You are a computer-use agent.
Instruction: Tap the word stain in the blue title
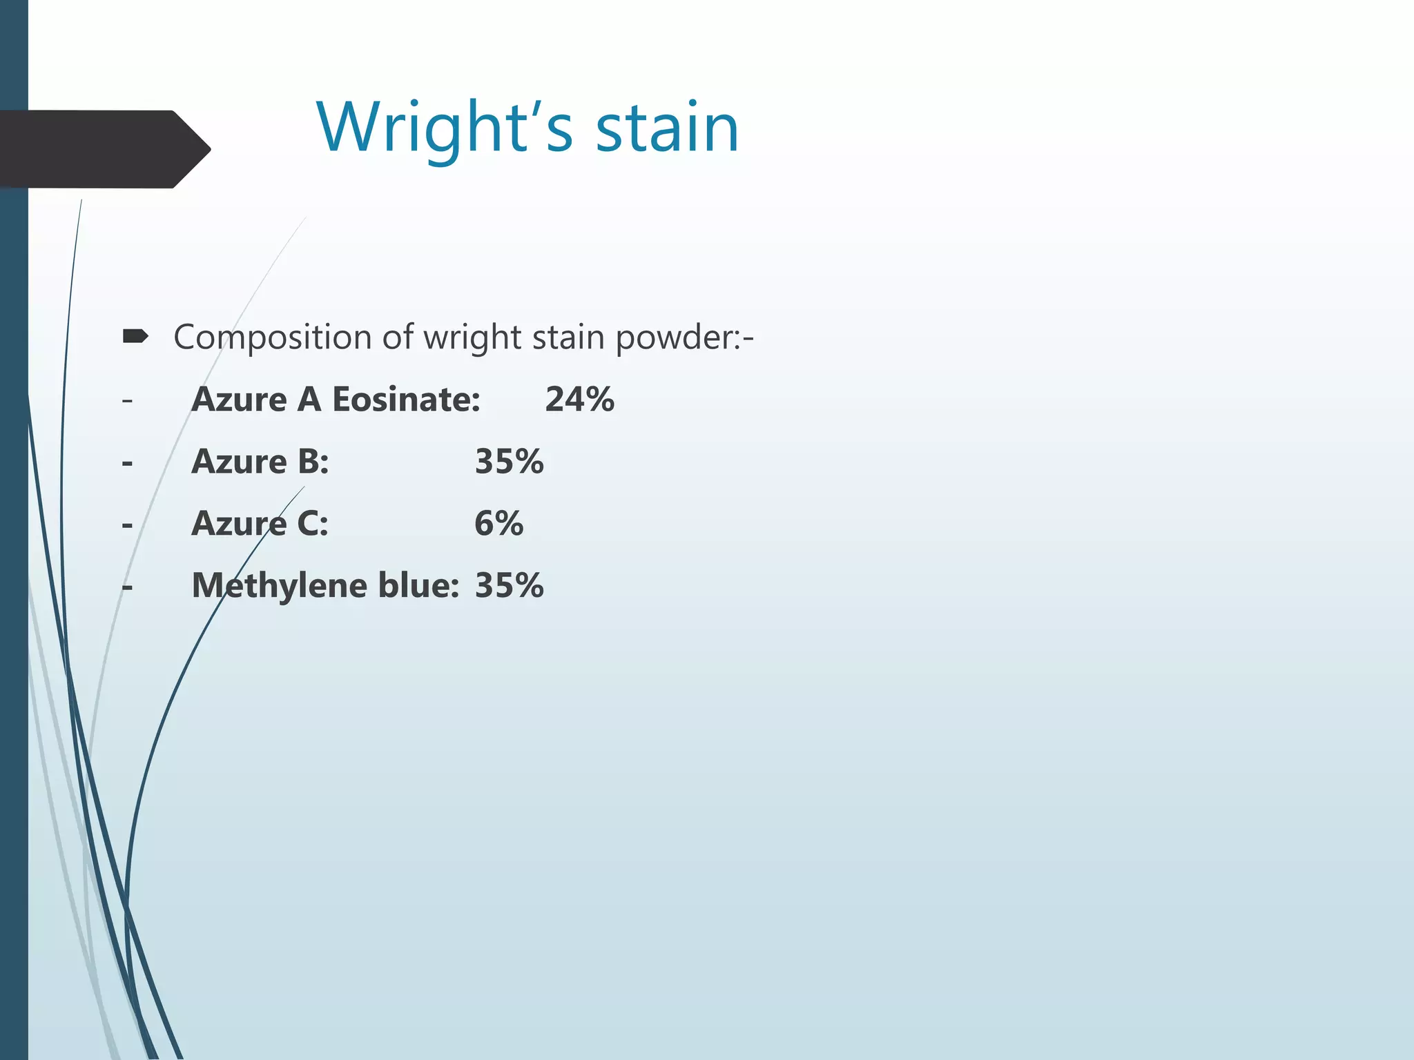(x=667, y=128)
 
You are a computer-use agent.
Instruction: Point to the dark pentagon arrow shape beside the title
(x=104, y=149)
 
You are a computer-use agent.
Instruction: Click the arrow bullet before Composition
(x=135, y=337)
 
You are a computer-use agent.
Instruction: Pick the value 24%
(x=579, y=400)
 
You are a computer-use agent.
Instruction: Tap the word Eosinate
(x=406, y=400)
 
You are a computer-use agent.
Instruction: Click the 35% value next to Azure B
(x=509, y=462)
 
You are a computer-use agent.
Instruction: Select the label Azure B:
(x=260, y=462)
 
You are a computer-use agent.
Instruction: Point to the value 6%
(x=498, y=524)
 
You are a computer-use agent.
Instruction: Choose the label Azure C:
(x=260, y=524)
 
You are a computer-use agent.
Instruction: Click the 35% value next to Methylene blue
(x=509, y=586)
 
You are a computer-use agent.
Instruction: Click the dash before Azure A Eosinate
(x=127, y=400)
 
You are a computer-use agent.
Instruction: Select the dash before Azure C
(x=127, y=525)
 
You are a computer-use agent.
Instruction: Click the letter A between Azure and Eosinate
(x=309, y=400)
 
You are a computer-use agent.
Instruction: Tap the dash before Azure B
(x=127, y=463)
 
